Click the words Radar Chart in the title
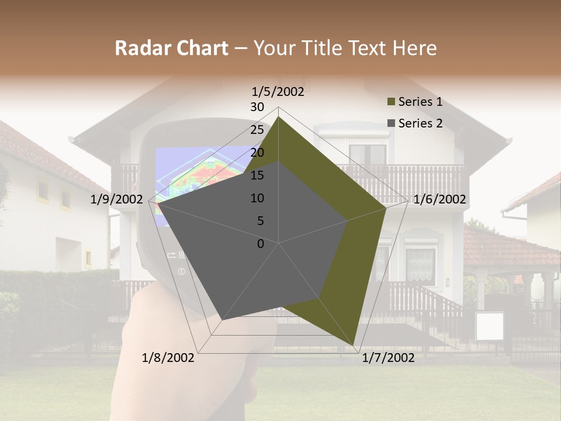171,49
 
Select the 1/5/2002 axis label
278,91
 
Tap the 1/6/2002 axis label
439,199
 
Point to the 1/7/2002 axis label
388,358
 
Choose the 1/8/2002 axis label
168,358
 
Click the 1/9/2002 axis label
117,199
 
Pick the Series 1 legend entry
420,102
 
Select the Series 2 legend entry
420,123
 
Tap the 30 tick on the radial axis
257,107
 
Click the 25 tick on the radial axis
257,130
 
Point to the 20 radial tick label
257,153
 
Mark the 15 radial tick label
257,175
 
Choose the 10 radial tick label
257,198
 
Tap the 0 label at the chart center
261,244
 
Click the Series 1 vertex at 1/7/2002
354,345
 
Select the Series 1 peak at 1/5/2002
278,117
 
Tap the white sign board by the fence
489,326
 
